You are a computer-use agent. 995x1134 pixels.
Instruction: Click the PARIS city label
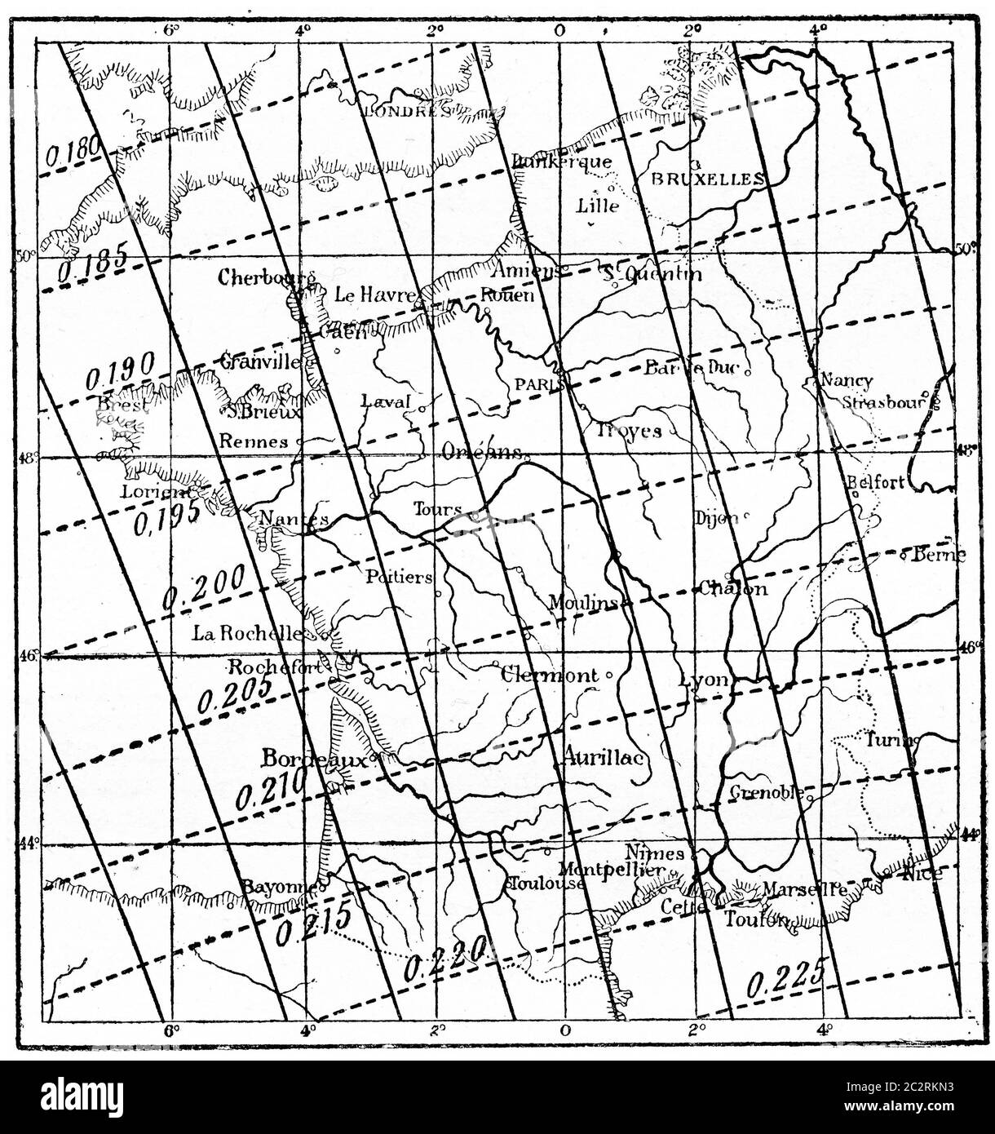point(534,383)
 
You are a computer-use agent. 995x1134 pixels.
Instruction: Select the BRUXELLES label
point(706,179)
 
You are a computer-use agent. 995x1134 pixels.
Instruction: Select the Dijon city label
point(716,518)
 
